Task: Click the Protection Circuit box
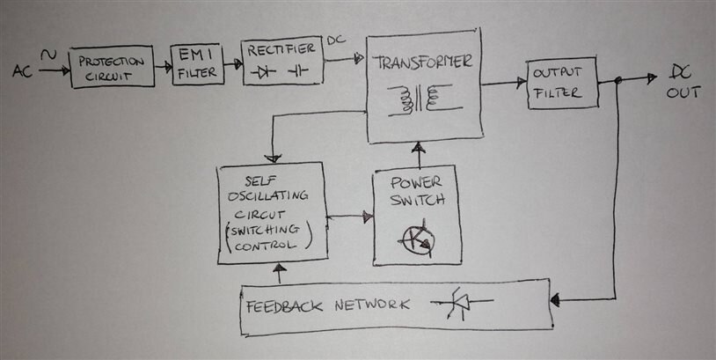111,66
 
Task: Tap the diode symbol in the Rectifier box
262,71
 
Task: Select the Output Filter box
562,84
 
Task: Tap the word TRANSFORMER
422,62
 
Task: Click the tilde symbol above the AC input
49,55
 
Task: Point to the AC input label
23,71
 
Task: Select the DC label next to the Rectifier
336,40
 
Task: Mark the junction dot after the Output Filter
618,81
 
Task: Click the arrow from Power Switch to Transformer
418,155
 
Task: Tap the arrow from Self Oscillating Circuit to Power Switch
351,217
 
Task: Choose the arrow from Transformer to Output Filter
505,84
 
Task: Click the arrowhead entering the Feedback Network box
556,301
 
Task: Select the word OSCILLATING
272,198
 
